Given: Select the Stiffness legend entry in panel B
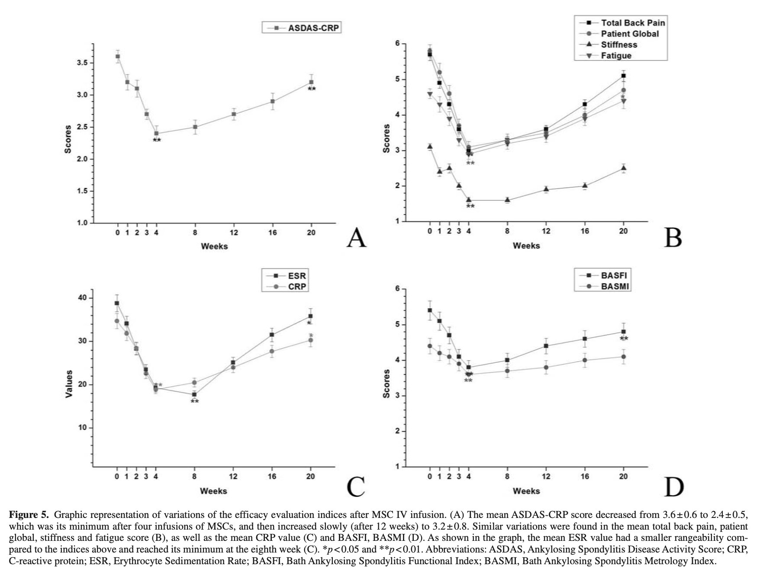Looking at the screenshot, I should pyautogui.click(x=619, y=45).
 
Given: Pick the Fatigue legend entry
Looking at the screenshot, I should pyautogui.click(x=616, y=55).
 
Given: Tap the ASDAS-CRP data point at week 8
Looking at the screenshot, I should pyautogui.click(x=195, y=127).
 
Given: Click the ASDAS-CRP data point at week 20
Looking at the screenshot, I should pyautogui.click(x=311, y=82).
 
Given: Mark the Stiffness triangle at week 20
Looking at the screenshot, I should pyautogui.click(x=623, y=168).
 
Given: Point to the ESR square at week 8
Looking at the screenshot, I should pyautogui.click(x=194, y=394).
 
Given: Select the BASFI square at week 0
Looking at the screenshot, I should pyautogui.click(x=430, y=310).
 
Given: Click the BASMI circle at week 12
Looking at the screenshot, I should pyautogui.click(x=546, y=367).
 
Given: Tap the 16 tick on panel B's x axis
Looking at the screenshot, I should pyautogui.click(x=585, y=231).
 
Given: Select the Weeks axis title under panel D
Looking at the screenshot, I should pyautogui.click(x=526, y=491).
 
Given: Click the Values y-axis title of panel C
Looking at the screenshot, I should pyautogui.click(x=69, y=384).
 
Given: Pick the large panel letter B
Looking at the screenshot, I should pyautogui.click(x=673, y=238).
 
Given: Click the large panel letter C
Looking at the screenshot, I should pyautogui.click(x=356, y=486).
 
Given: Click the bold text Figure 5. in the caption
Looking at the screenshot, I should pyautogui.click(x=29, y=515).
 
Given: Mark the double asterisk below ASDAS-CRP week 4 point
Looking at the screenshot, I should pyautogui.click(x=157, y=140).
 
